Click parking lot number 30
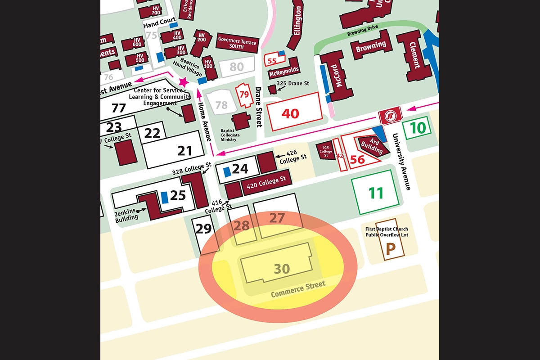282,269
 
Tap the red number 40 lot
290,113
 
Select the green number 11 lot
376,193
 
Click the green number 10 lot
418,128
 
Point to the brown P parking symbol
390,249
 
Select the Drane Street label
259,107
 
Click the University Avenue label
402,162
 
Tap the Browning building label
371,46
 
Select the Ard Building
372,145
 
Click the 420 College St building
267,181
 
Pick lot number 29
204,229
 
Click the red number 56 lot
358,159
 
